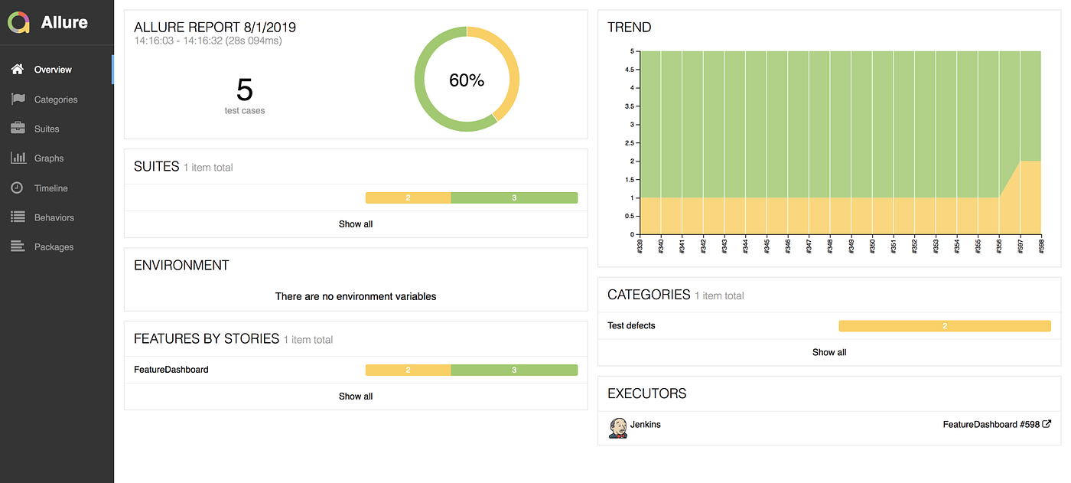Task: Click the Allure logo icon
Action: pos(18,22)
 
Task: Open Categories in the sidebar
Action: pos(55,100)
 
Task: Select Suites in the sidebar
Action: pos(47,129)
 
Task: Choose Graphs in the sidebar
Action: pos(49,158)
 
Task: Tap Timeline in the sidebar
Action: pos(50,188)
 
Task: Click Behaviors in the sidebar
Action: pos(54,217)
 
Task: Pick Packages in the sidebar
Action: pos(54,246)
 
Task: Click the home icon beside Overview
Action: pos(18,70)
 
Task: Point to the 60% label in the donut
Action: pos(466,80)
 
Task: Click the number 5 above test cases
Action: pos(244,90)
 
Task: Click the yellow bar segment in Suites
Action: pos(408,197)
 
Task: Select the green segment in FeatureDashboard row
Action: pos(514,370)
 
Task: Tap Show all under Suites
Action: pos(355,224)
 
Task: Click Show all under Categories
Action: pos(829,352)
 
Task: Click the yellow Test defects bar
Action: pos(945,325)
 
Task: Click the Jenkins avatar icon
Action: pos(618,428)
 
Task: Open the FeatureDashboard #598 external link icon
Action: pos(1047,424)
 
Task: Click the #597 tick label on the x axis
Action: pos(1020,246)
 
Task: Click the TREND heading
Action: pos(629,28)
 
